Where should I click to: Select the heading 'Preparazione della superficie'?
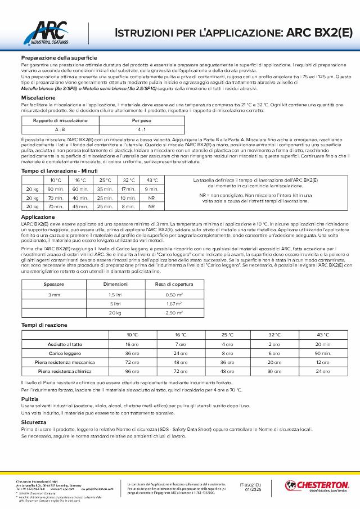pos(59,58)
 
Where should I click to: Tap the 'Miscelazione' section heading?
pos(38,97)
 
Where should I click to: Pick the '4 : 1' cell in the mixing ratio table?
pos(139,129)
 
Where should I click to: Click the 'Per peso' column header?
pos(139,120)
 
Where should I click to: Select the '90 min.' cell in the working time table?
pos(56,189)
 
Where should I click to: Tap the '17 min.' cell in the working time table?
pos(128,189)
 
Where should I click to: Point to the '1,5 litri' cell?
pos(115,294)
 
